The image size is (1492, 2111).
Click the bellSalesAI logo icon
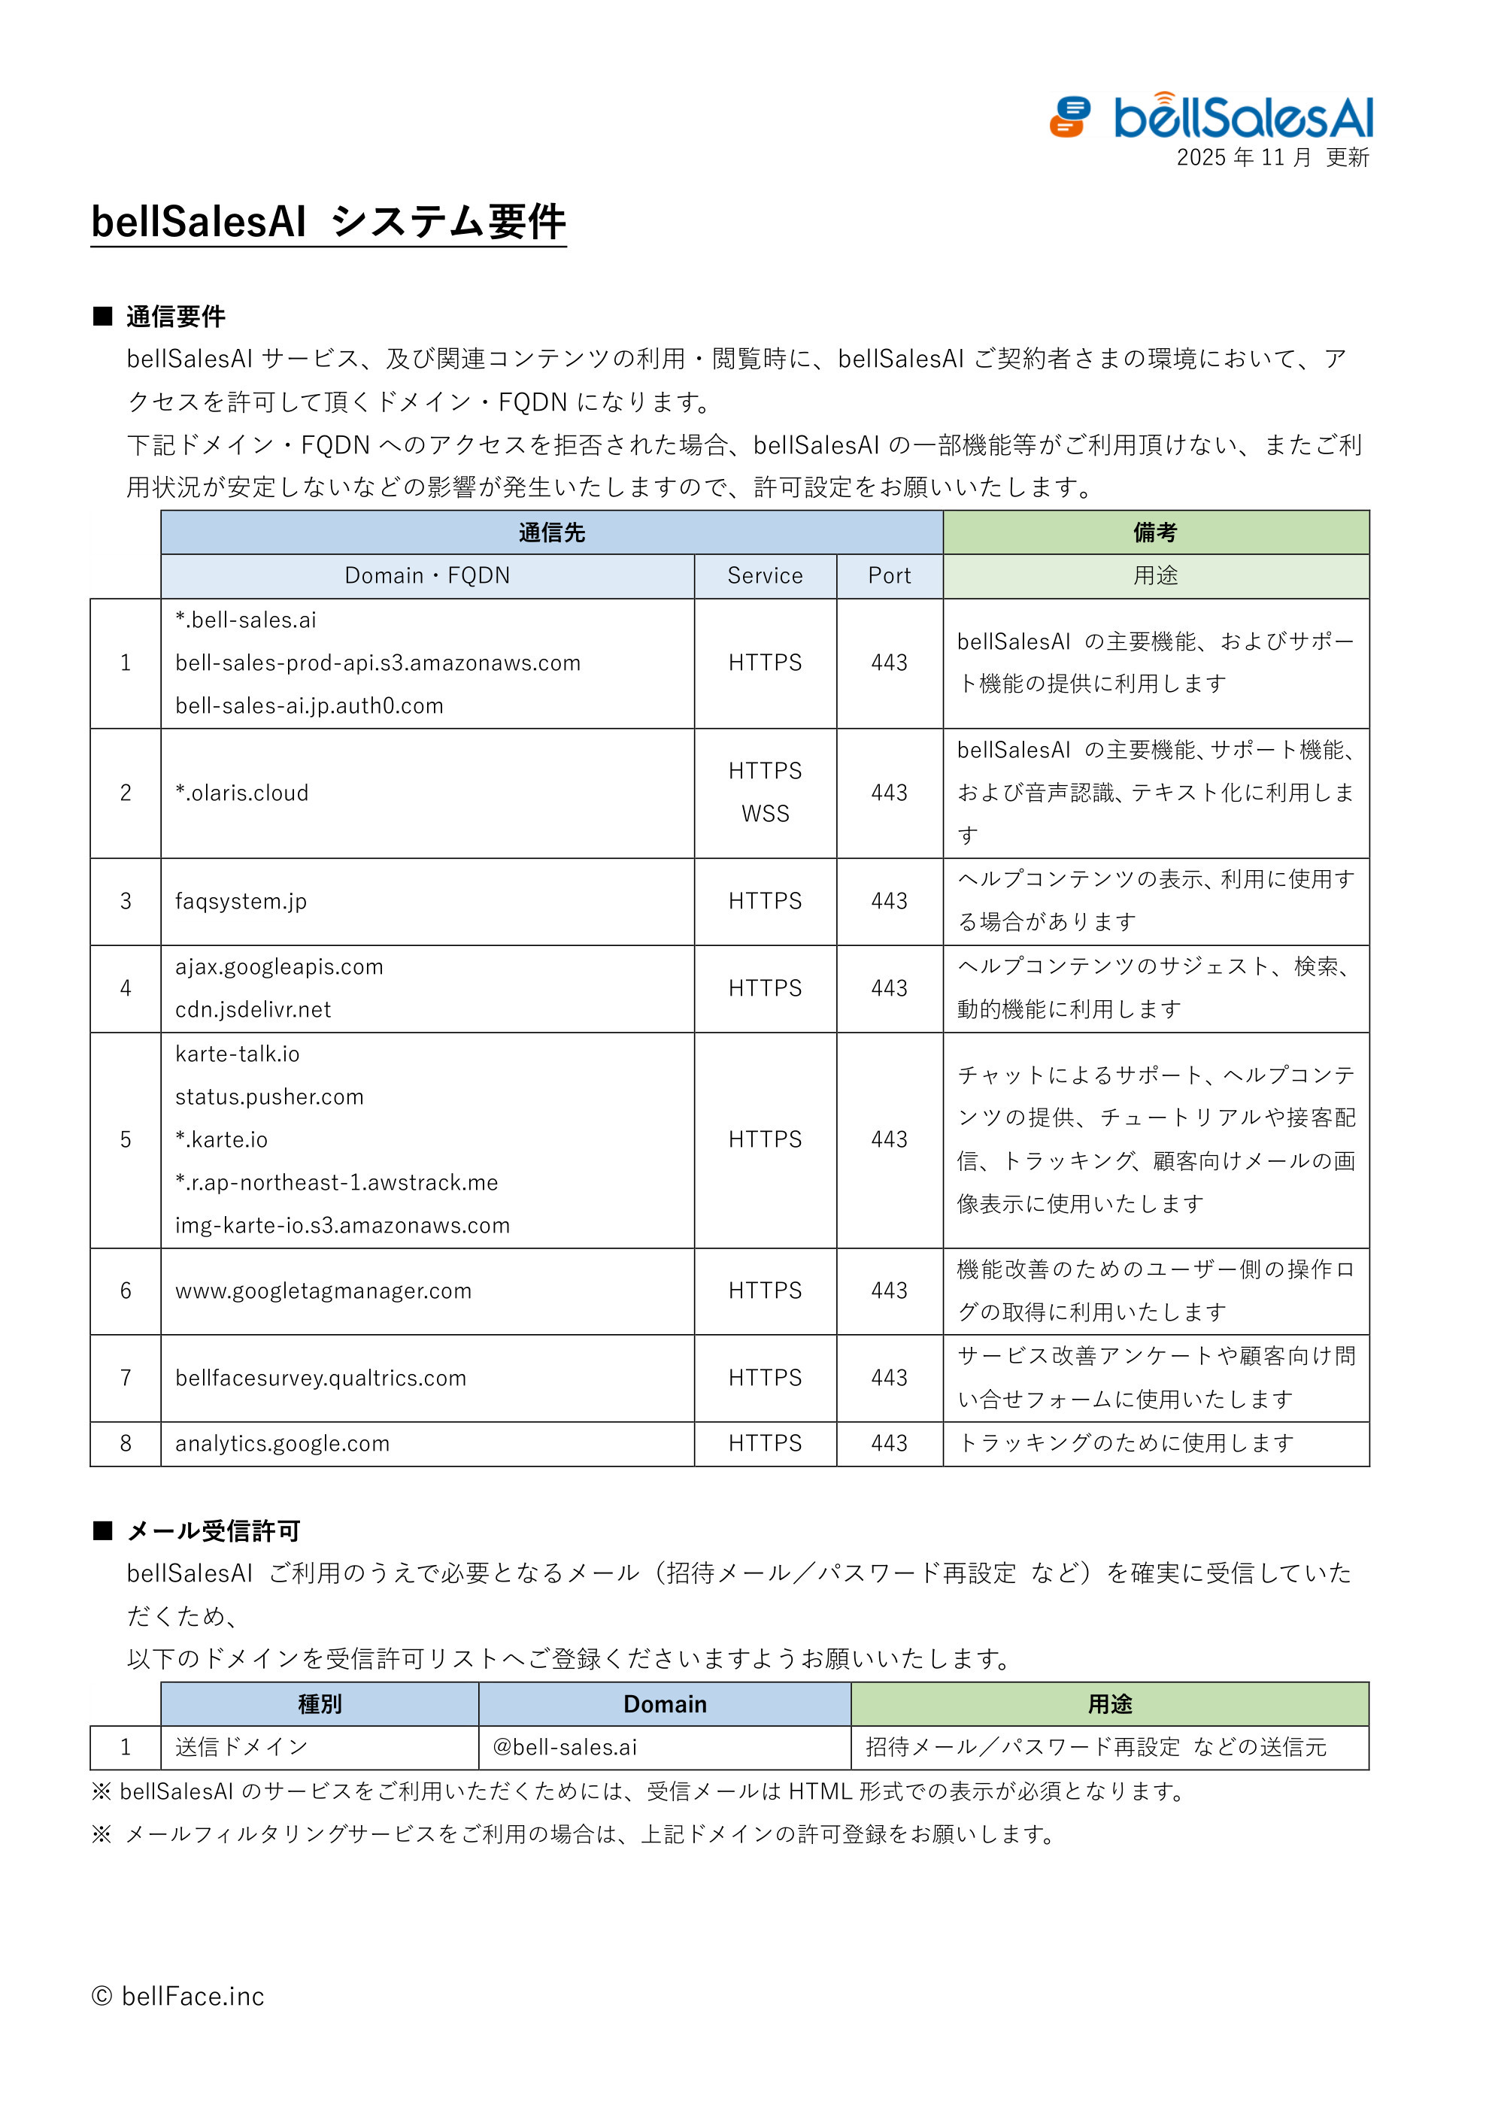pos(1070,117)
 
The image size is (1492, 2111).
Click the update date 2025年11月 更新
pos(1272,158)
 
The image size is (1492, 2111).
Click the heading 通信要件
pos(174,317)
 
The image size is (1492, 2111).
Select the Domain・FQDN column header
pos(426,577)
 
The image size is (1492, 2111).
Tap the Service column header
pos(765,577)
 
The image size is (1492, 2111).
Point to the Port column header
pos(889,577)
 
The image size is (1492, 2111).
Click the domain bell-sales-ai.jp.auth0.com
pos(309,706)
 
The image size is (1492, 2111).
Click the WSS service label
pos(765,814)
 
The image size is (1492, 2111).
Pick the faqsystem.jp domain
pos(241,901)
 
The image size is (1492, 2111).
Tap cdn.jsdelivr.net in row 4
pos(253,1009)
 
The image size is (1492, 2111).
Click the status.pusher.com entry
pos(269,1097)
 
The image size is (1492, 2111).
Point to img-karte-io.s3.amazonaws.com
pos(342,1226)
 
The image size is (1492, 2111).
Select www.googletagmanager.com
pos(323,1291)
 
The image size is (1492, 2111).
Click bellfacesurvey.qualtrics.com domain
pos(321,1379)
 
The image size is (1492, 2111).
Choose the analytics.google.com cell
pos(282,1443)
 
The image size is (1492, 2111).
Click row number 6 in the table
pos(126,1291)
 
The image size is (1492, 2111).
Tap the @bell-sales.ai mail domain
pos(565,1747)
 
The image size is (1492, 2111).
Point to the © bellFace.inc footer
pos(178,1997)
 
